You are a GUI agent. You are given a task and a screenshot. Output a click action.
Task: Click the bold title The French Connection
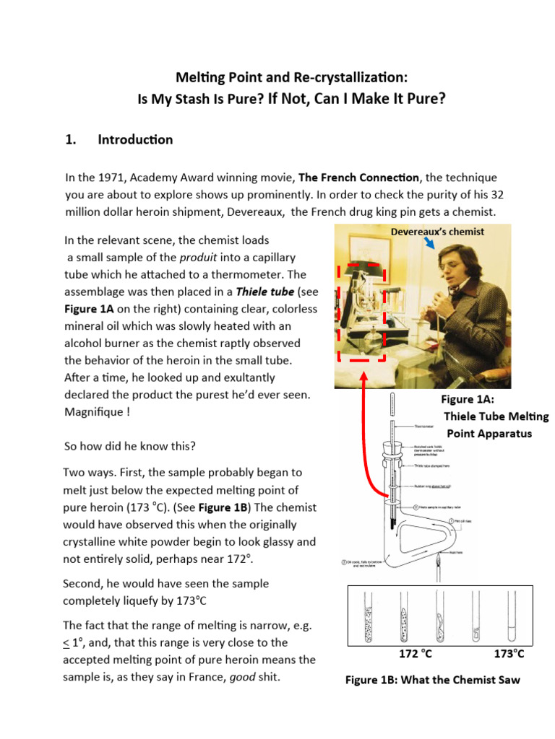coord(358,177)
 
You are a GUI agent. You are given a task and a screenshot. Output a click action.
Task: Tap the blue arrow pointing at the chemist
coord(431,245)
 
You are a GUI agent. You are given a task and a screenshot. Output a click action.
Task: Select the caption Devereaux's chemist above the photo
coord(437,232)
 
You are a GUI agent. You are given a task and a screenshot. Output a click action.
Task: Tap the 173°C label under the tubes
coord(509,654)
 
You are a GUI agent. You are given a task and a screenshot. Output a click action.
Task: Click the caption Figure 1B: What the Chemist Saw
coord(432,680)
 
